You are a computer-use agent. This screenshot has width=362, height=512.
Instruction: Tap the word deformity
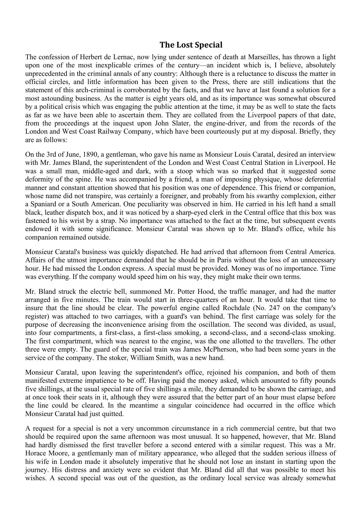coord(38,179)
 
